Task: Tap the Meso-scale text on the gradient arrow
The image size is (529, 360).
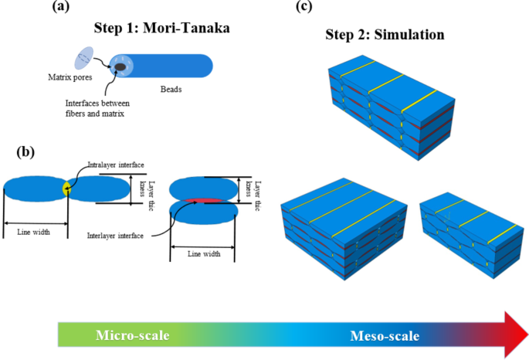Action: (385, 336)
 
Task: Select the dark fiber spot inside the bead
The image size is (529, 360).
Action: (121, 68)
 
